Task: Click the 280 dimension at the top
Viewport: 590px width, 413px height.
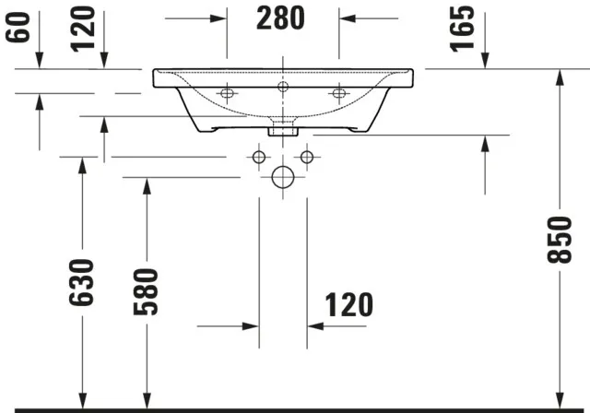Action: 282,19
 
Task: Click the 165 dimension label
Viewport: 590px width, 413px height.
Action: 464,28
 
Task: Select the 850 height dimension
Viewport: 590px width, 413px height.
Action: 559,240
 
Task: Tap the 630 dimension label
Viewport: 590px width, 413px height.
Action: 82,282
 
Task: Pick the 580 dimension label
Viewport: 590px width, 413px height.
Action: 145,291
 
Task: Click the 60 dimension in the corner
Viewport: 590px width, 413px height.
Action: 18,24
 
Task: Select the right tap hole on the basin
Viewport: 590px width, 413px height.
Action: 339,93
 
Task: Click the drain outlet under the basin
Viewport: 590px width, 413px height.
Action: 283,130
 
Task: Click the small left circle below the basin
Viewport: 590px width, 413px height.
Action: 259,157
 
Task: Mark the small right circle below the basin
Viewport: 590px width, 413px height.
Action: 307,157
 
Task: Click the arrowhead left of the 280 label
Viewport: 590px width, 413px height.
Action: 219,18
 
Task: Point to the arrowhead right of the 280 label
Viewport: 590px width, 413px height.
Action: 347,18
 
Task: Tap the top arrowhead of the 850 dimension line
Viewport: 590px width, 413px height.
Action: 560,77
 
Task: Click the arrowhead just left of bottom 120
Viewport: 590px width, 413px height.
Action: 250,325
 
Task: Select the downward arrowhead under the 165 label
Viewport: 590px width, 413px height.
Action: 486,62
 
